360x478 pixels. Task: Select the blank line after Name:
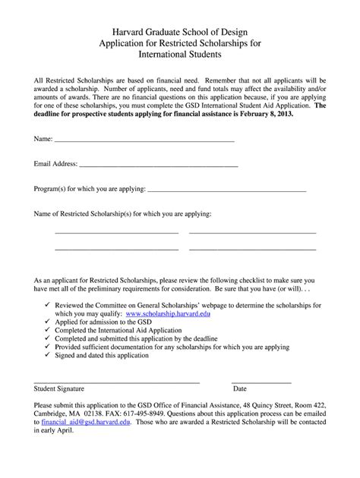coord(144,141)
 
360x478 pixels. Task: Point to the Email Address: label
coord(55,163)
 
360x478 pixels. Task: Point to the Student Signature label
coord(59,388)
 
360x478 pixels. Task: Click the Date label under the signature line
coord(239,388)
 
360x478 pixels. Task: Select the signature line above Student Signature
coord(117,381)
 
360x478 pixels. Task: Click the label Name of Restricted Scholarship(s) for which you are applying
coord(123,214)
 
